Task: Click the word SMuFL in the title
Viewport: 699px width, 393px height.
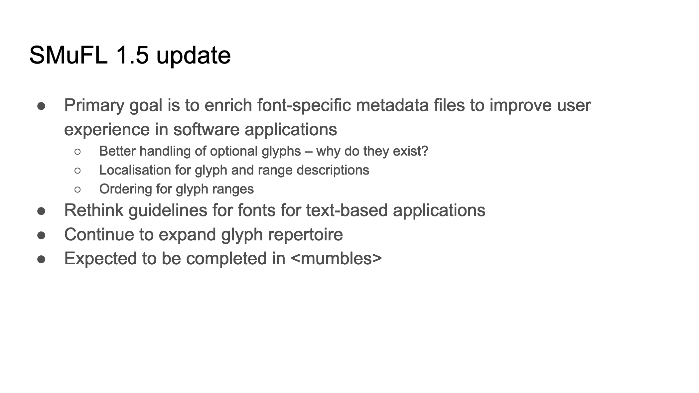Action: (x=69, y=55)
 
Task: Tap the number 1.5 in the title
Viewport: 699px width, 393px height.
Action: (x=132, y=55)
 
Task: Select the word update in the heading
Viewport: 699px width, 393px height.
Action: (x=193, y=56)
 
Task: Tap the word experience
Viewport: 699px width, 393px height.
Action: (x=107, y=130)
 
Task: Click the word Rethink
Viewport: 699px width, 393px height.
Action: (x=94, y=210)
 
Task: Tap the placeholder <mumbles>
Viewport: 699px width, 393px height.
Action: (x=336, y=259)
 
